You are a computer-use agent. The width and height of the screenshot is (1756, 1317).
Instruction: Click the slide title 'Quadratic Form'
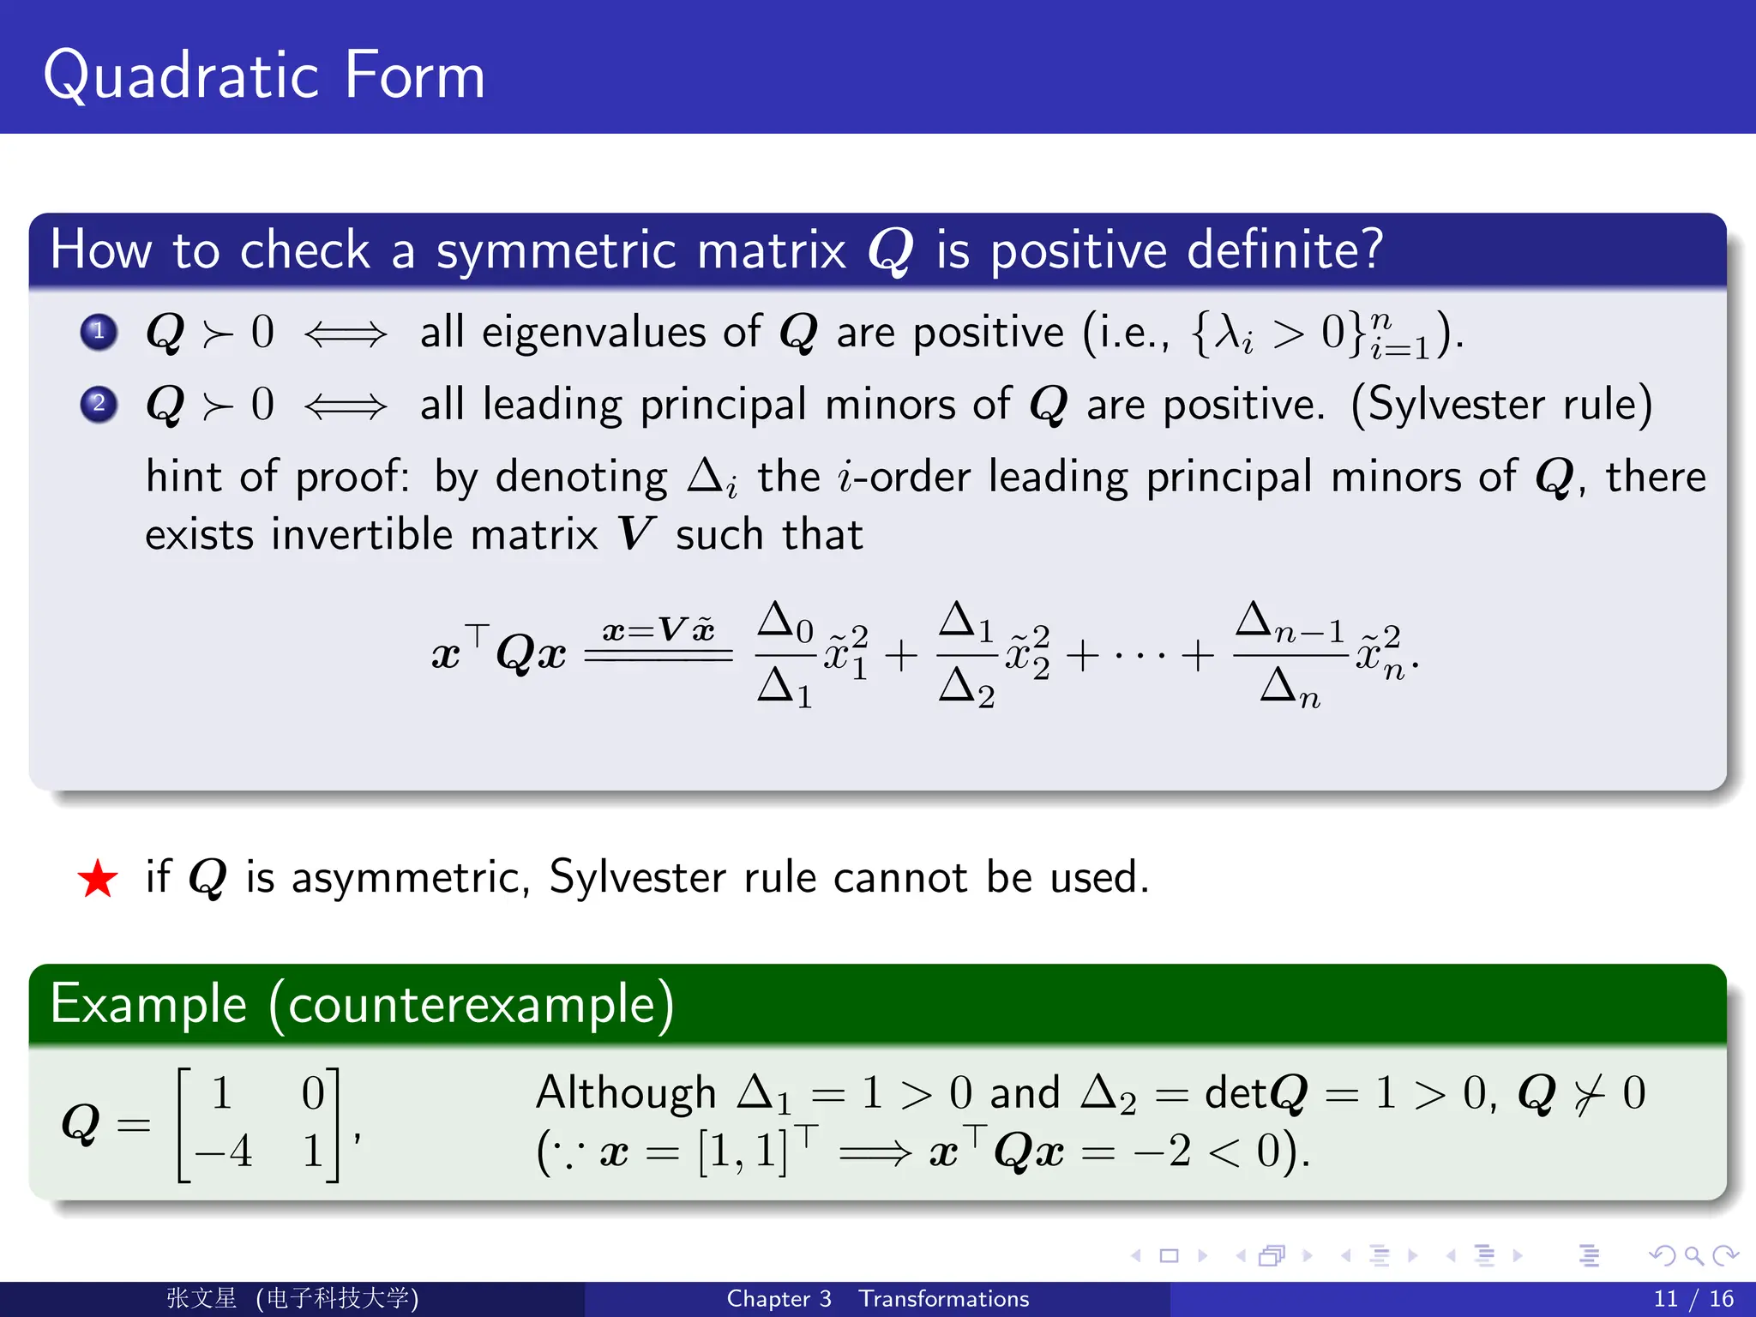coord(264,75)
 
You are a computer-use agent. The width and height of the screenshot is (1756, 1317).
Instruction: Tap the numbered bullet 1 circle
coord(99,332)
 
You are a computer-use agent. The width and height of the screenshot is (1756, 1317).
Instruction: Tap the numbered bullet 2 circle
coord(99,404)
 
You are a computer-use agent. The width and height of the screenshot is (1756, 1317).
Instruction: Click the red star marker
coord(98,879)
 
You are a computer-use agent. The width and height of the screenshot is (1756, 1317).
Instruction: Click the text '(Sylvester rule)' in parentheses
coord(1501,405)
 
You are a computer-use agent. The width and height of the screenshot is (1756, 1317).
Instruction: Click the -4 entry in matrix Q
coord(224,1151)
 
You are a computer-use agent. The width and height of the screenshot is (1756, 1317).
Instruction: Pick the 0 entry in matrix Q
coord(313,1093)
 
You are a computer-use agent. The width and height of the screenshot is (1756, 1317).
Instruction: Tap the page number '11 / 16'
coord(1693,1299)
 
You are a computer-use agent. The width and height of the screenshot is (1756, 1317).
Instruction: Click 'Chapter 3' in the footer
coord(779,1299)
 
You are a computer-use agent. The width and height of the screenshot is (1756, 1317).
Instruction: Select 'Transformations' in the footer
coord(944,1299)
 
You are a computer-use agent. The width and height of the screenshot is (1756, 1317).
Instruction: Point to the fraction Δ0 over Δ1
coord(785,655)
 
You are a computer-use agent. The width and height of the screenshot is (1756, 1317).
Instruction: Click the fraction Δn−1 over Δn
coord(1290,655)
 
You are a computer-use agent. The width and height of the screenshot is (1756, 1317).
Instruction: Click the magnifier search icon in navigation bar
coord(1693,1256)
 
